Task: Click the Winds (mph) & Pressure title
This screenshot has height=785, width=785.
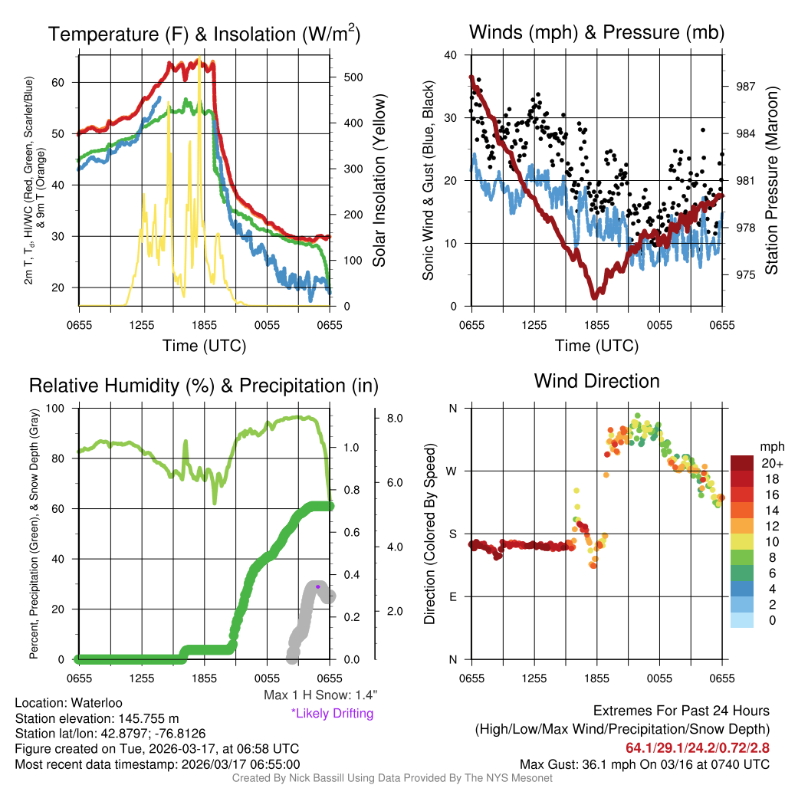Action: (596, 32)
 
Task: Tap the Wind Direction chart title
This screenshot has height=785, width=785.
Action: (596, 381)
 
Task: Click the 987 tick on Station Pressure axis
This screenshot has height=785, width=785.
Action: (746, 87)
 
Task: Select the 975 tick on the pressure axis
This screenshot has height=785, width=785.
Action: (746, 274)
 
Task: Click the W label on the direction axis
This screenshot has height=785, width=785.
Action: (452, 471)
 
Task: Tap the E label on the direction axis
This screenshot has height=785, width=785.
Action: (453, 596)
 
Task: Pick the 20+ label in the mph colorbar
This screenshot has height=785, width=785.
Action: (770, 464)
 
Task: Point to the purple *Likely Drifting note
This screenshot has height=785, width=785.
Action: (332, 714)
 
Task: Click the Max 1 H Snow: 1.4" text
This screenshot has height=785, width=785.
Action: (320, 695)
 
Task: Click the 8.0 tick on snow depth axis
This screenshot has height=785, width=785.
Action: (395, 419)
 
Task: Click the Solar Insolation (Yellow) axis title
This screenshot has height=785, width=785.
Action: (379, 181)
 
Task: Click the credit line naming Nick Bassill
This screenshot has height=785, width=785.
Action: (392, 778)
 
